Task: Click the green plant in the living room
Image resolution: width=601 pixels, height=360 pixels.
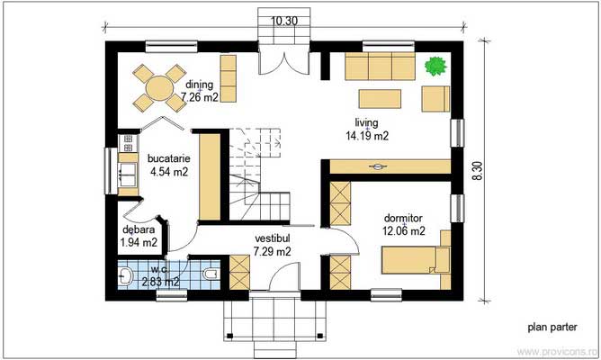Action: [435, 66]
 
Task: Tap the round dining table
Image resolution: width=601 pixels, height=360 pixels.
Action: [160, 88]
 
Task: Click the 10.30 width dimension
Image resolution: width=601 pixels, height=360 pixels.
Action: [284, 21]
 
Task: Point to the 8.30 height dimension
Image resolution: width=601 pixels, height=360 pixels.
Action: [478, 171]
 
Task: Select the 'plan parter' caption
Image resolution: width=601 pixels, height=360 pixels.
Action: [552, 327]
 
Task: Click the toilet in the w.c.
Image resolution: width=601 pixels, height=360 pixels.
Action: [211, 274]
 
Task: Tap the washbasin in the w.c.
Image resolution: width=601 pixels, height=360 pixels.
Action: [125, 274]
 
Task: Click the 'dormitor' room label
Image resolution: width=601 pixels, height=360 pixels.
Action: [403, 218]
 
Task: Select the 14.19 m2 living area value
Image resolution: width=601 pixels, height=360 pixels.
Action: [367, 136]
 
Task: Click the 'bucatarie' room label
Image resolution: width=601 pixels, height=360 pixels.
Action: [168, 158]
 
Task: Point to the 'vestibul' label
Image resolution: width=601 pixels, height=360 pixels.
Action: [273, 238]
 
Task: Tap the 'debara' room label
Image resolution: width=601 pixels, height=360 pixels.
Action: [139, 229]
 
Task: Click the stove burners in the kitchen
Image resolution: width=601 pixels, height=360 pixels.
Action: [128, 142]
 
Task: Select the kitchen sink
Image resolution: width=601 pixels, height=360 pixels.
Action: [128, 175]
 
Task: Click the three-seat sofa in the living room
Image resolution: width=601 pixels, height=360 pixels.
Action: [381, 66]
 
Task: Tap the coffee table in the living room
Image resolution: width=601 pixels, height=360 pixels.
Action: [380, 99]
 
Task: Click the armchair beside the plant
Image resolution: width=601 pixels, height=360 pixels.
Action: [435, 99]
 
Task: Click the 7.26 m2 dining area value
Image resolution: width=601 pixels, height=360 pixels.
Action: [200, 97]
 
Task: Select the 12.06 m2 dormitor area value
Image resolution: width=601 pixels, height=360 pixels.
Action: [404, 230]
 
